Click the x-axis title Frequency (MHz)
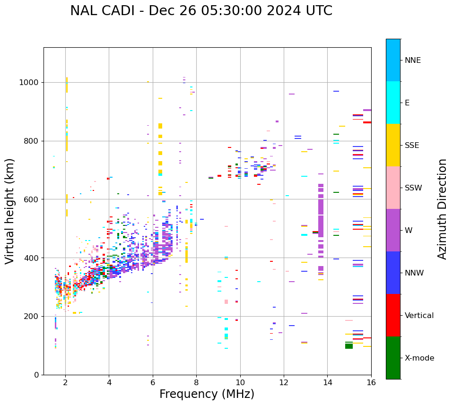[207, 394]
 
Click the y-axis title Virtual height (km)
[10, 211]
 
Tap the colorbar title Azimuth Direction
[442, 209]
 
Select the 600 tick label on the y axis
[31, 199]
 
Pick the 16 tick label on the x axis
[371, 382]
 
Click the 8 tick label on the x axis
[196, 382]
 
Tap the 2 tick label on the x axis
[65, 382]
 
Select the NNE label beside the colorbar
[412, 60]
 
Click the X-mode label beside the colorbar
[419, 358]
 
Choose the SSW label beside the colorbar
[413, 188]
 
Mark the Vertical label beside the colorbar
[419, 316]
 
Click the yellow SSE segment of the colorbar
[393, 145]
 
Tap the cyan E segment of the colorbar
[393, 103]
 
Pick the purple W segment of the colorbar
[393, 230]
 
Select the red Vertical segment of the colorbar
[393, 315]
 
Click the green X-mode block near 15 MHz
[349, 346]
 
